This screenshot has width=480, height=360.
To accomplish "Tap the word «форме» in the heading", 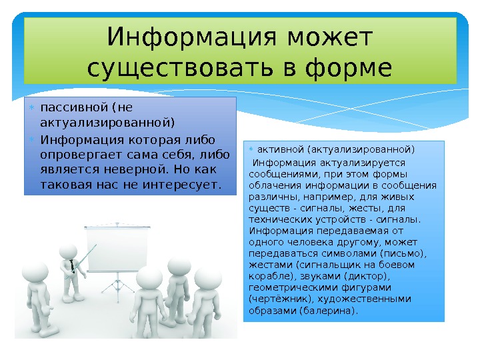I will tap(350, 68).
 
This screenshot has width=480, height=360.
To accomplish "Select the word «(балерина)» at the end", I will tap(329, 311).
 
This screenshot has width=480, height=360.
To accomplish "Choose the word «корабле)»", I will tap(269, 276).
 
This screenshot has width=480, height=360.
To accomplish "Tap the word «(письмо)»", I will tap(405, 254).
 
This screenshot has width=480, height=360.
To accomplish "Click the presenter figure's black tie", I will tap(72, 265).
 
